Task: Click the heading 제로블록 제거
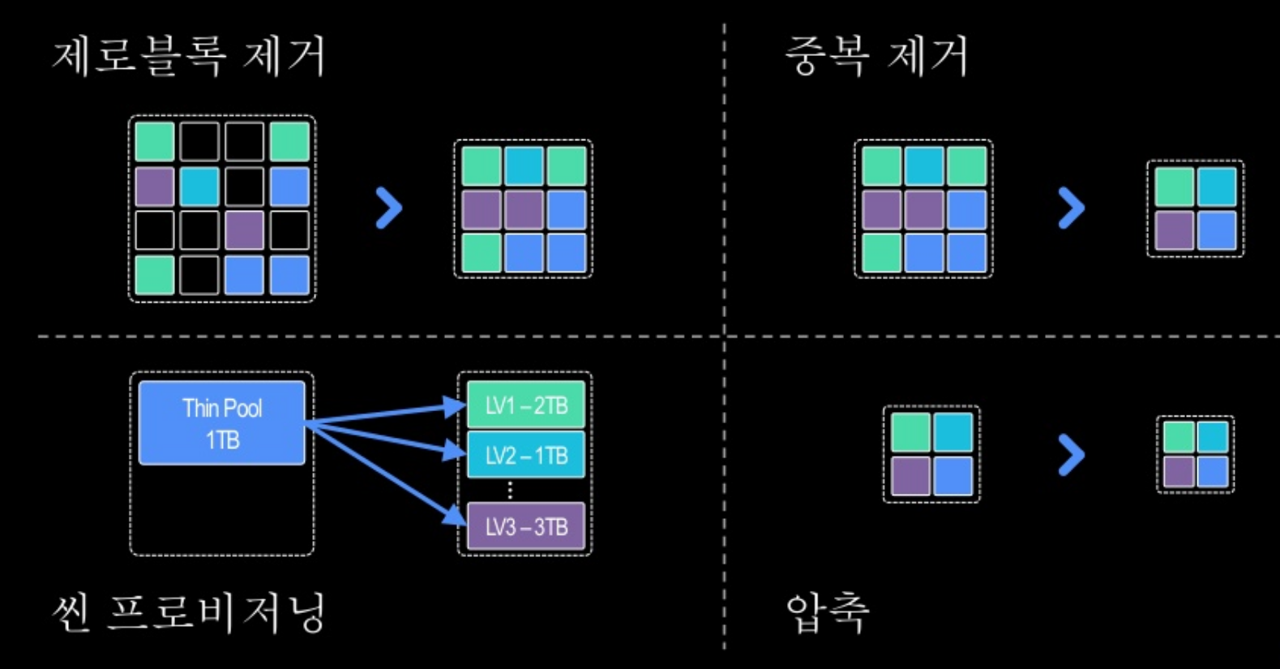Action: pos(189,56)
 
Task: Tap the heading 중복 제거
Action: pos(876,56)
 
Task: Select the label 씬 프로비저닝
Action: pos(189,611)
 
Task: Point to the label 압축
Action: pos(827,611)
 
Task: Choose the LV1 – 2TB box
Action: pos(526,405)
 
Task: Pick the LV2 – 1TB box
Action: pos(526,455)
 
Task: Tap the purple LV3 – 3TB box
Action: pos(526,527)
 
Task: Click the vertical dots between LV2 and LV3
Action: pos(510,490)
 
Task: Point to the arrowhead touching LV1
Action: pos(456,405)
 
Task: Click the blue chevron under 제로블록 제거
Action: pos(389,208)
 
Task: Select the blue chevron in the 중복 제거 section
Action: pos(1071,208)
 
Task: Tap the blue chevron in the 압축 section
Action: pos(1071,455)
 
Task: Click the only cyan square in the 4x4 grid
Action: pos(199,187)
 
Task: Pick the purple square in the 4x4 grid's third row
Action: pos(244,230)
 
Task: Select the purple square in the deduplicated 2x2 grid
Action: pos(1174,230)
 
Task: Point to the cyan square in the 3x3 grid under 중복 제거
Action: pos(924,166)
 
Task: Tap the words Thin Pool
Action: pos(222,408)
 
